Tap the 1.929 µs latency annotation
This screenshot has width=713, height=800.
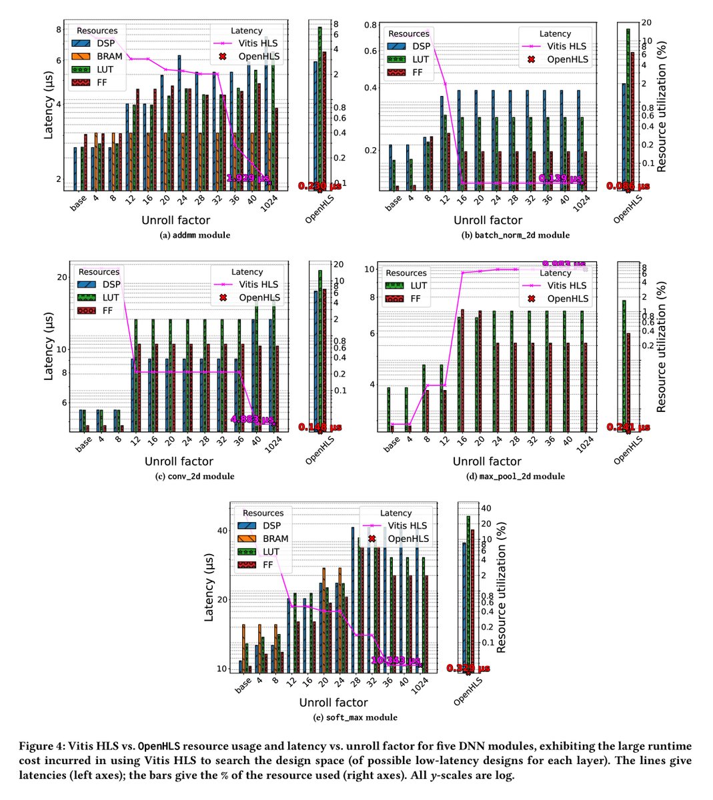coord(248,179)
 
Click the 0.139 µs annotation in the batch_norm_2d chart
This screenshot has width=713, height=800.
coord(560,179)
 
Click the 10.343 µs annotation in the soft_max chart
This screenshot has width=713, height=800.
coord(398,661)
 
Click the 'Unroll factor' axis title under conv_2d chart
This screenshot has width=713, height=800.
coord(178,461)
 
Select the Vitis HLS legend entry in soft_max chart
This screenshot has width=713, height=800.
coord(407,526)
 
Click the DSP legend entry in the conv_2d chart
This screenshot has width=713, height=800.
coord(111,285)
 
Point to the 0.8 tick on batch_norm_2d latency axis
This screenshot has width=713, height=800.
coord(369,25)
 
